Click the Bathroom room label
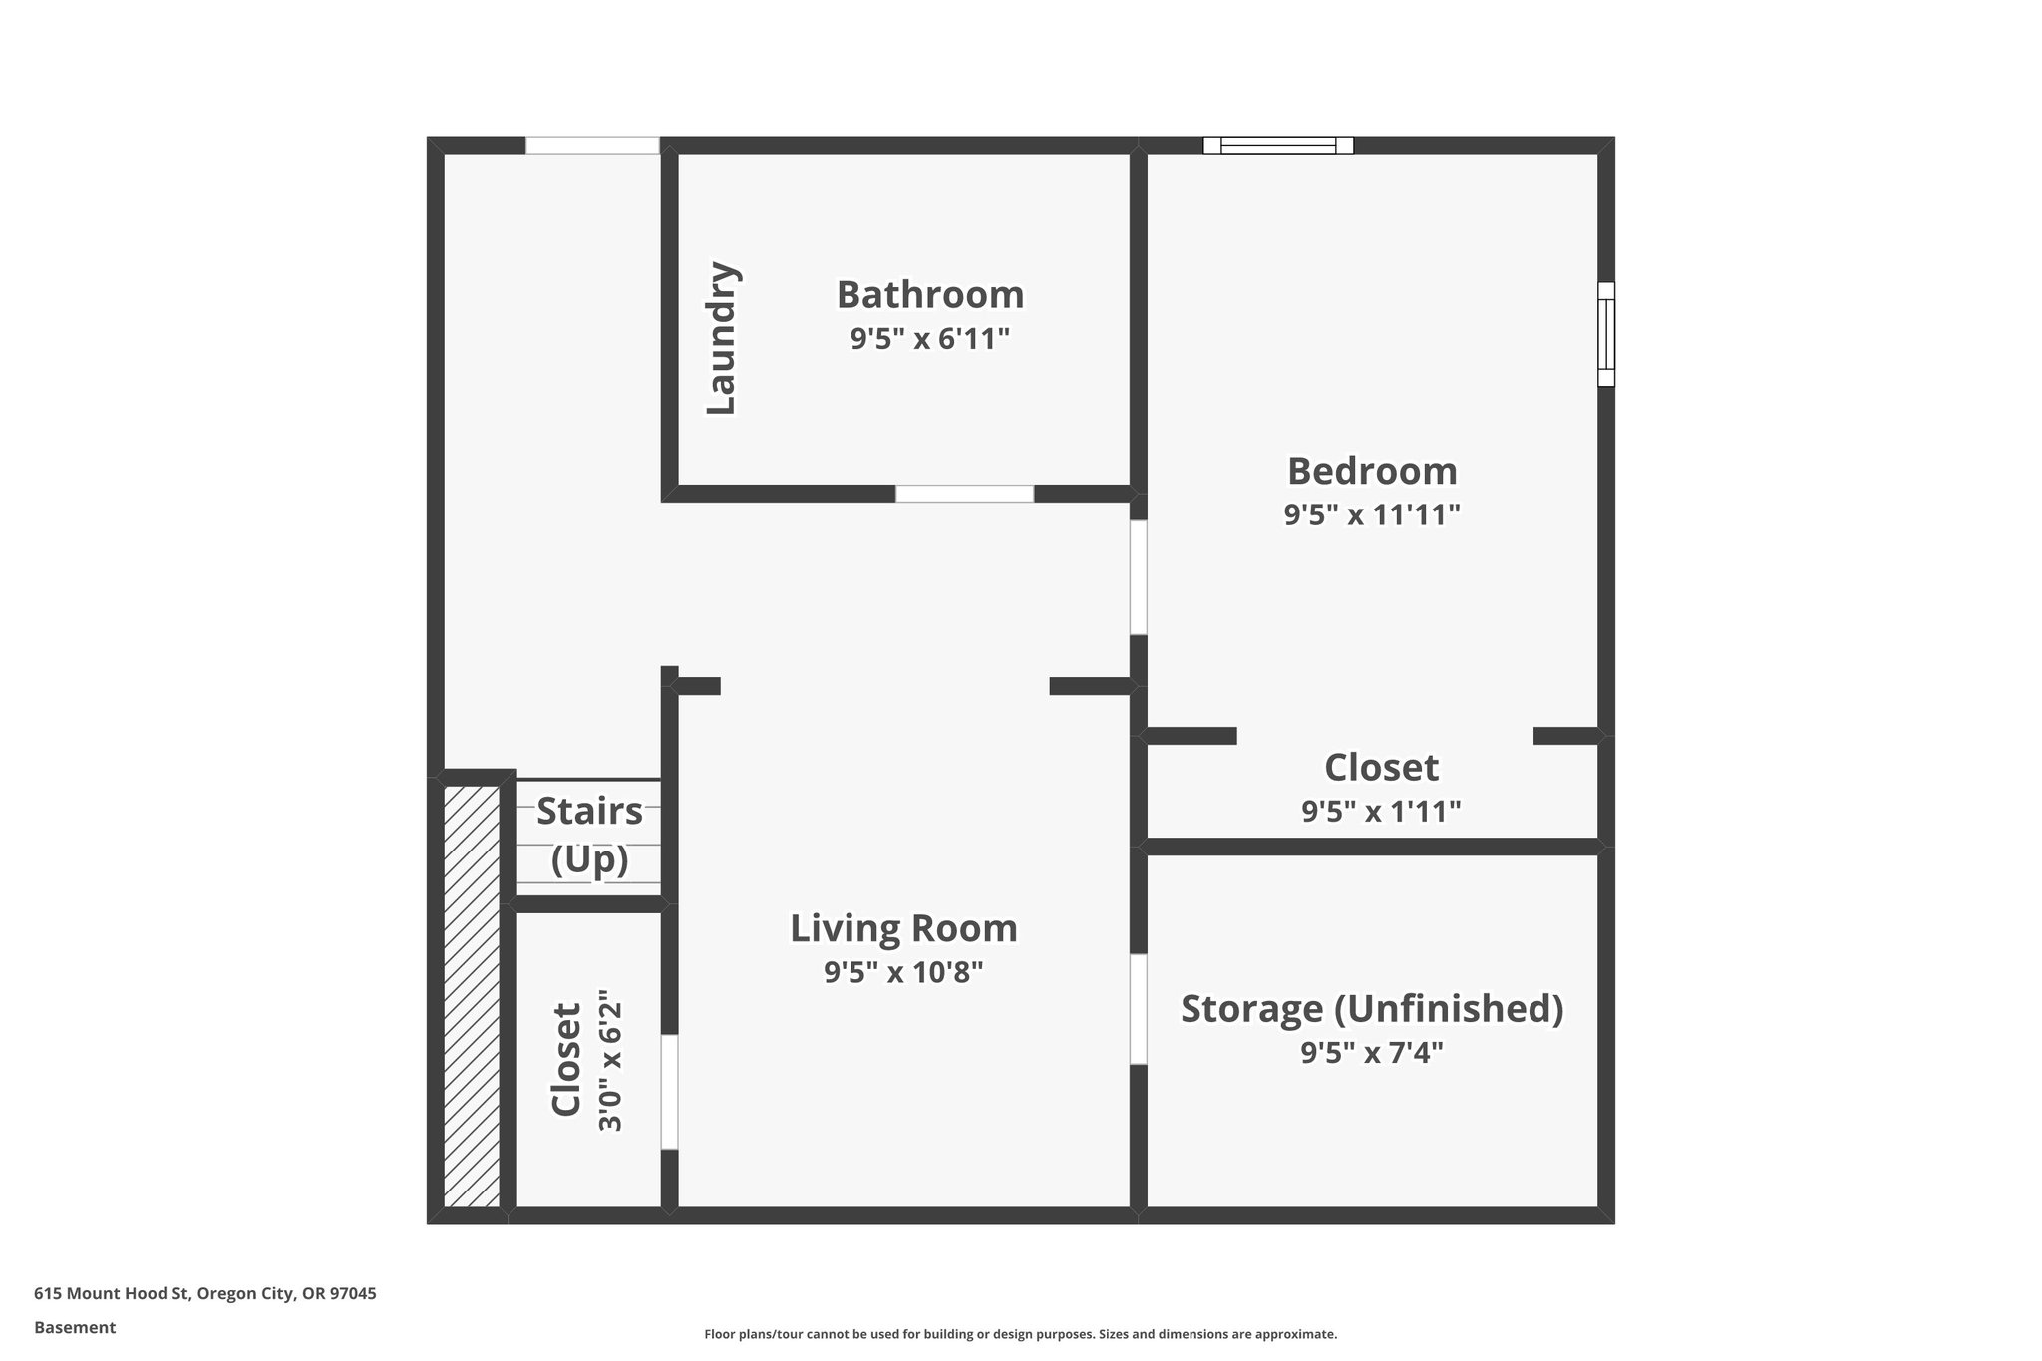[x=929, y=295]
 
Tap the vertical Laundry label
[x=721, y=339]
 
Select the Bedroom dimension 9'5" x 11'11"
[x=1371, y=515]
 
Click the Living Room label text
[x=903, y=928]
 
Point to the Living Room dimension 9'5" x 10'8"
[x=903, y=972]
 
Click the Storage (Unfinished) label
[x=1371, y=1008]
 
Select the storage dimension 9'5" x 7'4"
[x=1371, y=1053]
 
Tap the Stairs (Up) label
[x=589, y=835]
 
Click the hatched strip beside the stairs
[x=472, y=996]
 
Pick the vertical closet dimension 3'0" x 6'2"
[x=610, y=1060]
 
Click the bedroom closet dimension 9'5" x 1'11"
[x=1381, y=812]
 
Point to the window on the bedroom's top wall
[x=1278, y=146]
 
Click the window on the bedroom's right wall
[x=1605, y=334]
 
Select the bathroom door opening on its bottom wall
[x=964, y=494]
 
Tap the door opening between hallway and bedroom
[x=1138, y=577]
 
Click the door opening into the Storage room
[x=1138, y=1009]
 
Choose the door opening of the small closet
[x=669, y=1092]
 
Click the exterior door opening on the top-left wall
[x=592, y=146]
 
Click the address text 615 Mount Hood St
[x=205, y=1294]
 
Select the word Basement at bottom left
[x=75, y=1327]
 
